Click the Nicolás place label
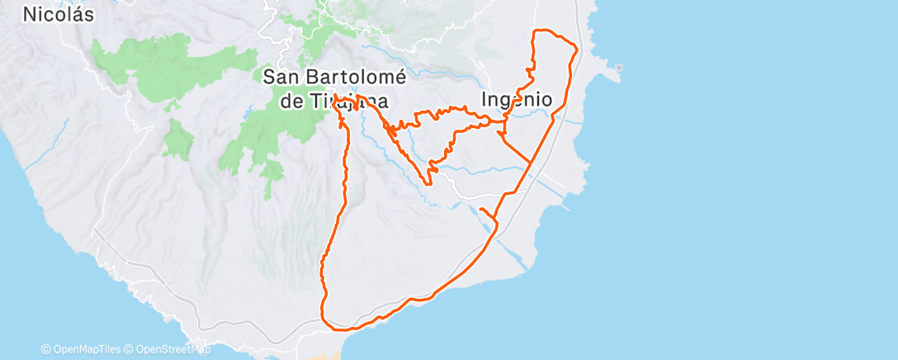coord(58,13)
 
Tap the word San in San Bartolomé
coord(280,77)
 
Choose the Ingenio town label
coord(517,99)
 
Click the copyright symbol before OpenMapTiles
coord(45,349)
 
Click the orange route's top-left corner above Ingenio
coord(535,32)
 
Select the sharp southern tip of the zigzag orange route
coord(430,182)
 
